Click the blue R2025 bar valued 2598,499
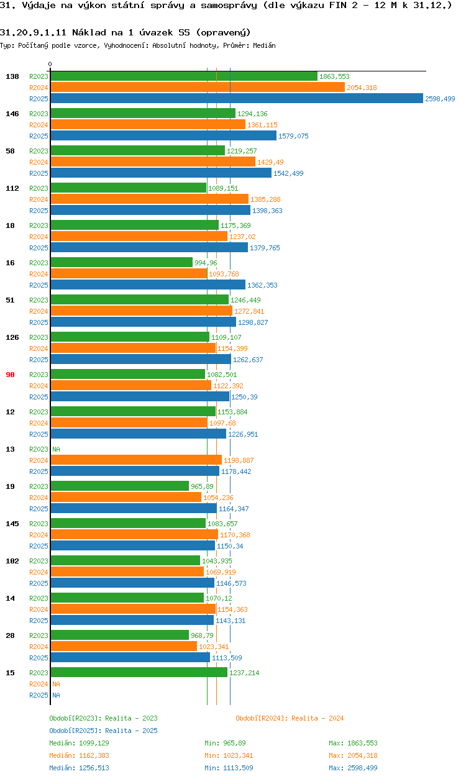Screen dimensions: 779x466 [236, 98]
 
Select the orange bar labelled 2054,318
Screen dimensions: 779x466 [197, 87]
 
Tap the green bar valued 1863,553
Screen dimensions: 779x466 [183, 76]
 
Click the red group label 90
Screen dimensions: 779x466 [10, 375]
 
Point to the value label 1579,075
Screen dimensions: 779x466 [293, 136]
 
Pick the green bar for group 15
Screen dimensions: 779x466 [139, 672]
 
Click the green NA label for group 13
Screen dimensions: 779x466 [56, 449]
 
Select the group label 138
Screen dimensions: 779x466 [12, 76]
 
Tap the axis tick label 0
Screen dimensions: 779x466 [50, 64]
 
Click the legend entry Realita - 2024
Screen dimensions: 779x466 [290, 718]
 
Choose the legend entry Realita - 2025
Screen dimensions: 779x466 [103, 731]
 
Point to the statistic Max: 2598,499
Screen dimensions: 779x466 [353, 768]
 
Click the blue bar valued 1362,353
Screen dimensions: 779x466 [148, 285]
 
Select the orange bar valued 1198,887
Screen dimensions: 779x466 [135, 460]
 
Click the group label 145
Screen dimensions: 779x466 [12, 524]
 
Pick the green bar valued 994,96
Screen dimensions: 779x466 [121, 262]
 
